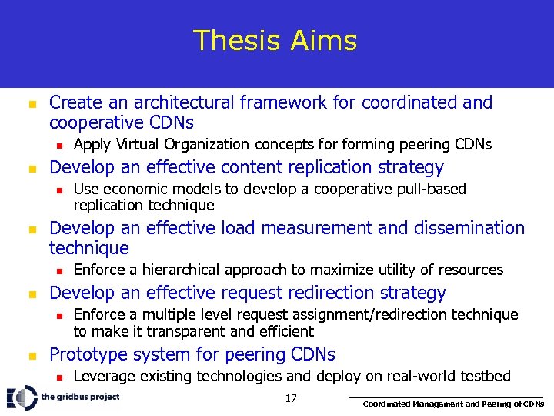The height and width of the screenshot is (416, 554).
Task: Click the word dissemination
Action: coord(454,228)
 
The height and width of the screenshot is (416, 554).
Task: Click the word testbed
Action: coord(482,376)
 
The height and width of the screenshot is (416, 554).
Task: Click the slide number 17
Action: coord(290,398)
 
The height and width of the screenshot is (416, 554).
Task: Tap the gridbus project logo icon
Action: coord(22,398)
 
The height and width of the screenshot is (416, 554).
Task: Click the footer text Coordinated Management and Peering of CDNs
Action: coord(453,404)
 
